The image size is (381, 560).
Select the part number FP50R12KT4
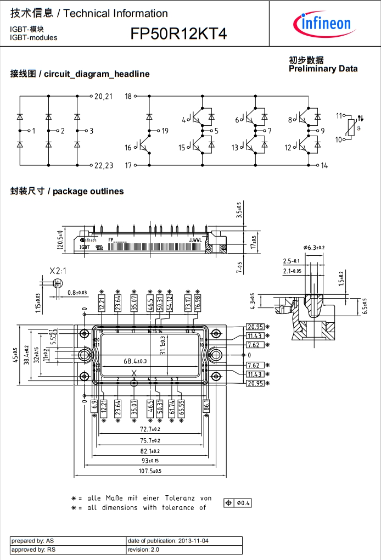[178, 34]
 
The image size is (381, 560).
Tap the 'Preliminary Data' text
[323, 69]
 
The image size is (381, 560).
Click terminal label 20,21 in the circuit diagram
[103, 97]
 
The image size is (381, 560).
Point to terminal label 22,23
[103, 165]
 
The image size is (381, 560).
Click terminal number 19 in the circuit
[165, 131]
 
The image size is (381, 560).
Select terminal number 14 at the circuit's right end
[324, 165]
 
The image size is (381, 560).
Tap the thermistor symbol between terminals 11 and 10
[351, 128]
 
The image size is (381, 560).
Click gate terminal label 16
[128, 148]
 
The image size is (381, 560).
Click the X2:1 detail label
[58, 271]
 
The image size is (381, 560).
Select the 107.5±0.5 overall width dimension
[149, 471]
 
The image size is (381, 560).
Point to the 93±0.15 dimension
[149, 460]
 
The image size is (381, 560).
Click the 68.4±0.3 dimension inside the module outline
[135, 361]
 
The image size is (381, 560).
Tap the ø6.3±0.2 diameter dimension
[314, 248]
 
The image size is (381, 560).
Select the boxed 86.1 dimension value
[206, 407]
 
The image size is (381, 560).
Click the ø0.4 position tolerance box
[238, 503]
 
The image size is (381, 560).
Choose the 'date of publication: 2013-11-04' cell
[168, 541]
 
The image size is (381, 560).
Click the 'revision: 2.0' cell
[143, 549]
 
